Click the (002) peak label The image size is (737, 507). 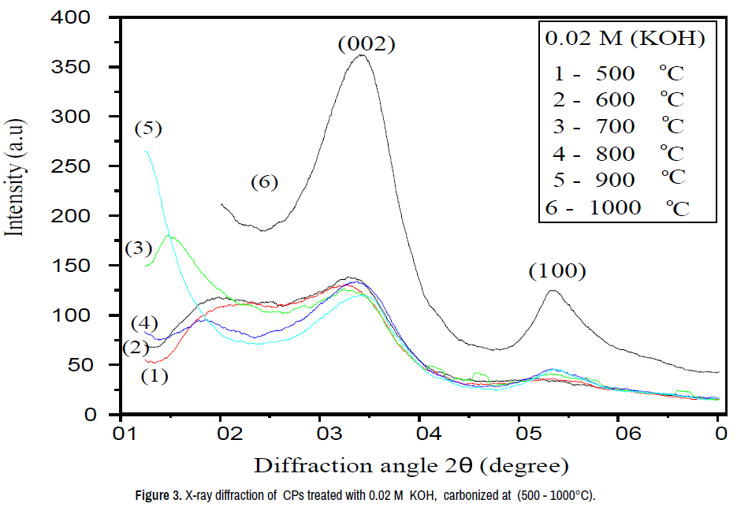pyautogui.click(x=366, y=45)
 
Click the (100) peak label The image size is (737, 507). pyautogui.click(x=557, y=272)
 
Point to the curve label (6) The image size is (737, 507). pyautogui.click(x=265, y=182)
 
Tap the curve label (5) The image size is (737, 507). pyautogui.click(x=148, y=128)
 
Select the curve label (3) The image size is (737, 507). pyautogui.click(x=138, y=248)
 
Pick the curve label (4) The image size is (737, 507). pyautogui.click(x=144, y=322)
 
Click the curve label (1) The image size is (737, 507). pyautogui.click(x=154, y=376)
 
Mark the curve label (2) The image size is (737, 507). pyautogui.click(x=136, y=348)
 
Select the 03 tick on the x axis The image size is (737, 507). pyautogui.click(x=320, y=433)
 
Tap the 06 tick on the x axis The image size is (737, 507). pyautogui.click(x=618, y=433)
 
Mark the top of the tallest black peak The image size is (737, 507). pyautogui.click(x=361, y=55)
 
